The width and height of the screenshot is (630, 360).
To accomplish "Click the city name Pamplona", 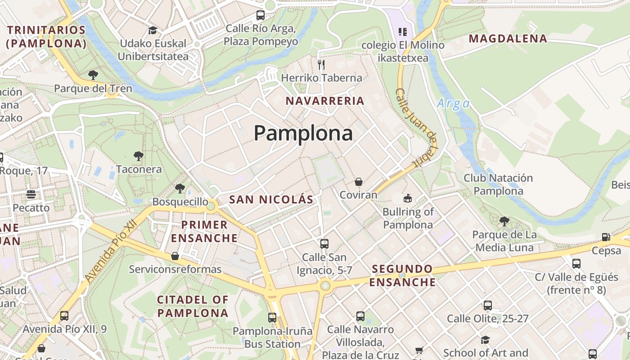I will [x=303, y=133].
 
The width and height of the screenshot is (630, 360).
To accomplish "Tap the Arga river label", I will [x=453, y=104].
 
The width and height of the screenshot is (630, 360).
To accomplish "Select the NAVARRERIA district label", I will [x=325, y=101].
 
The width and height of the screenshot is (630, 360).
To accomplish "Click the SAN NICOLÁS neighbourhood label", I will [x=271, y=200].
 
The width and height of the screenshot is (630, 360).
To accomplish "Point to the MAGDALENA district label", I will [x=508, y=39].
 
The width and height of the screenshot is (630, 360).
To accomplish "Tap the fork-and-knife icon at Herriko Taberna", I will [x=321, y=65].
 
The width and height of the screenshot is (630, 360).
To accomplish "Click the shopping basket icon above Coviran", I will [x=359, y=182].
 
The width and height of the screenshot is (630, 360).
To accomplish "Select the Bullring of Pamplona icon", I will [x=408, y=198].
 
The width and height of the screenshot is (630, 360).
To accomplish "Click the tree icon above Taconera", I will [x=139, y=156].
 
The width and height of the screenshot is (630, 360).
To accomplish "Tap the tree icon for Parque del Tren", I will [x=93, y=75].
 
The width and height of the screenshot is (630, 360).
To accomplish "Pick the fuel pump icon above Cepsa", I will [x=606, y=237].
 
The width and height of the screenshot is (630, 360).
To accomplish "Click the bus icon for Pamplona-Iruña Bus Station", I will [x=272, y=318].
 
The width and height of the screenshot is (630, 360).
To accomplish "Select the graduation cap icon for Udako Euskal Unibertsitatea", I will [x=153, y=30].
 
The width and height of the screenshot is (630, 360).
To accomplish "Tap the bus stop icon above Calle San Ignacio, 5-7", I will [x=324, y=244].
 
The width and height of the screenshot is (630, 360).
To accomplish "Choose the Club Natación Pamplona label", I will [x=498, y=184].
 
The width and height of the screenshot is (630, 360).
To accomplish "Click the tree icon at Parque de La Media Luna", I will [x=504, y=221].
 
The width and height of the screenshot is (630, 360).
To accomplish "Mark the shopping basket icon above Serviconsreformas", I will [x=175, y=256].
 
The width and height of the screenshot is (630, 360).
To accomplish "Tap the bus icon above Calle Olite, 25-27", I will [x=487, y=306].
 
